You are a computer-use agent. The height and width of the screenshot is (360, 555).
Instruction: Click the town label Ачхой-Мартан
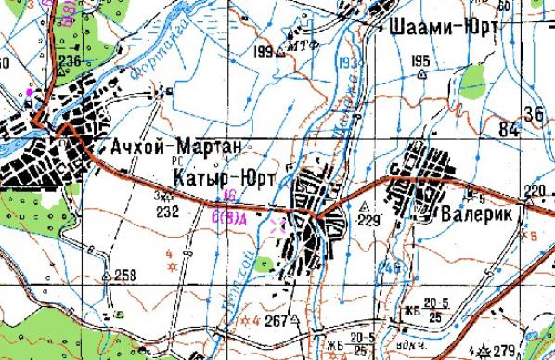(x=174, y=147)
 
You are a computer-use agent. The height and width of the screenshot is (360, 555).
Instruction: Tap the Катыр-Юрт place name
(x=219, y=174)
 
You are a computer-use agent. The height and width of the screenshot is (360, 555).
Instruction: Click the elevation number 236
(x=70, y=61)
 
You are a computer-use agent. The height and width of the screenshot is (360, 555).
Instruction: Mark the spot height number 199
(x=263, y=50)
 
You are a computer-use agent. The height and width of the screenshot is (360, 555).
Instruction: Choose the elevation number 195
(x=419, y=61)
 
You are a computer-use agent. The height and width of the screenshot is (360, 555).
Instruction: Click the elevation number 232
(x=167, y=212)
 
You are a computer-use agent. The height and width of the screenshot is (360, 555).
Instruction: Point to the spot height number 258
(x=124, y=274)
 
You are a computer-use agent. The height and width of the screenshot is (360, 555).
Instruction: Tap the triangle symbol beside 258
(x=109, y=276)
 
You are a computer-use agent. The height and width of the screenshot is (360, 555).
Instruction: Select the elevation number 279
(x=504, y=350)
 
